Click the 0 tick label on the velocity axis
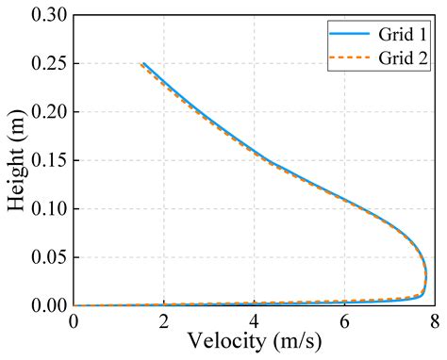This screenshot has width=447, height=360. [x=74, y=321]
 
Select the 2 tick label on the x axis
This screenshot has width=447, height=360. [x=164, y=321]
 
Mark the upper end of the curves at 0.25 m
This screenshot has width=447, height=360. [x=142, y=64]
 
